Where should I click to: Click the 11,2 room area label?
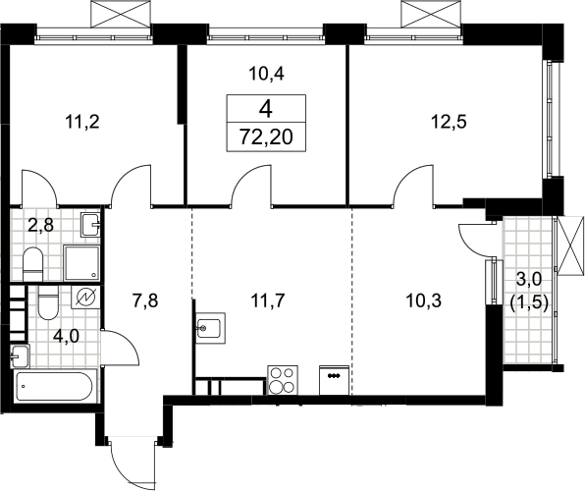[x=82, y=122]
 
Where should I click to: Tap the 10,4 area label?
[x=266, y=74]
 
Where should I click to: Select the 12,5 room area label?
[x=449, y=122]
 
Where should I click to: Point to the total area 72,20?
[x=266, y=137]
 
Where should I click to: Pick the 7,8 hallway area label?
[x=145, y=300]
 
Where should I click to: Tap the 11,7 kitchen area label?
[x=268, y=300]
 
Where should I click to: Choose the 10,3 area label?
[x=423, y=300]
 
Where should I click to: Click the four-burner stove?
[x=283, y=380]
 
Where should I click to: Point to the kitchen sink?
[x=211, y=328]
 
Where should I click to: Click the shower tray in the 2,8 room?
[x=81, y=263]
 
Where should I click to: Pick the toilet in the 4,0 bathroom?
[x=48, y=302]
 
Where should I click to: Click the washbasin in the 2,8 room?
[x=90, y=225]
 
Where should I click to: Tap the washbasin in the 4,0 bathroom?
[x=20, y=356]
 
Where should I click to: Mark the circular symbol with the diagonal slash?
[x=85, y=298]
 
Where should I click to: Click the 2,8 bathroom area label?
[x=41, y=225]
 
